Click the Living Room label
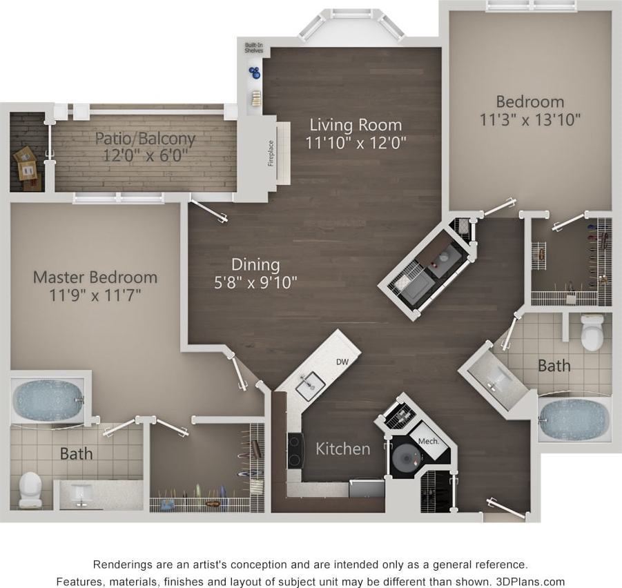355,125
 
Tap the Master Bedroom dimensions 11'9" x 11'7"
95,295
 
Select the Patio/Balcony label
145,138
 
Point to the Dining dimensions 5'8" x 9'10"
255,282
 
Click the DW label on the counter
342,362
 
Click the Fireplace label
271,153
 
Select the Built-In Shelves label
253,48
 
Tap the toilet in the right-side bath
592,333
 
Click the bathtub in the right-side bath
574,418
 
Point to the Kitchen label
343,449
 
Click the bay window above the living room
352,24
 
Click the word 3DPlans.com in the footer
531,581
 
